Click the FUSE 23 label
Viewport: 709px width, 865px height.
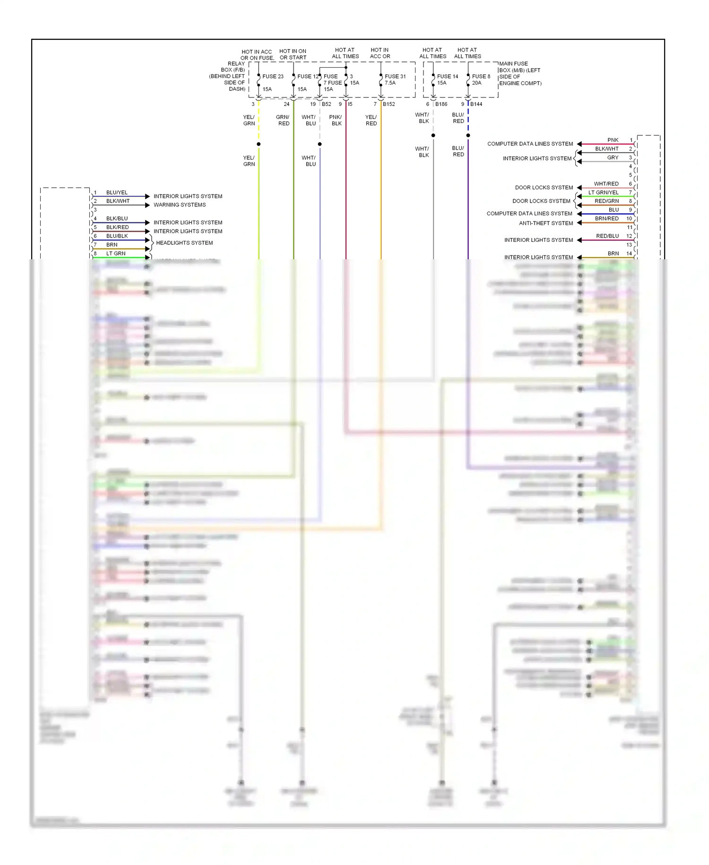click(x=273, y=76)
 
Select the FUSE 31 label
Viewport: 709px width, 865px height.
click(x=395, y=76)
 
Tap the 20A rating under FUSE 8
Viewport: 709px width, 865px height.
click(x=476, y=83)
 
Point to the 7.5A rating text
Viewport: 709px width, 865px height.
click(x=390, y=83)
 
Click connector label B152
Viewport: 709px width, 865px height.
click(x=389, y=104)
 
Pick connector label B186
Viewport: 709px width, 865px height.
click(x=441, y=104)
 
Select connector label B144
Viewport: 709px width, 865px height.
click(x=476, y=104)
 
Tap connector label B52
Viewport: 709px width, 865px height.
click(x=326, y=104)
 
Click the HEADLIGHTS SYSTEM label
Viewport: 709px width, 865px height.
click(x=184, y=243)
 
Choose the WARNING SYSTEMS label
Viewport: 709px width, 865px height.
click(x=180, y=205)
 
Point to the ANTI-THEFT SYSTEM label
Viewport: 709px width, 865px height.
click(x=546, y=223)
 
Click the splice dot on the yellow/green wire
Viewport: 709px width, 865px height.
click(x=259, y=144)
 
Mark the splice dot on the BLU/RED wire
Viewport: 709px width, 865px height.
click(x=468, y=135)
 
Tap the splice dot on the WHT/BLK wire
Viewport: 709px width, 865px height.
click(x=433, y=135)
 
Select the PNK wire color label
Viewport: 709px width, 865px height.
click(x=613, y=140)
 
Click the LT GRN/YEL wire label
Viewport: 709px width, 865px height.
click(x=603, y=193)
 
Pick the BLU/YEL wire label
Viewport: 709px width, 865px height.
click(x=117, y=193)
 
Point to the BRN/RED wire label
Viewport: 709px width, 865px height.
click(x=606, y=219)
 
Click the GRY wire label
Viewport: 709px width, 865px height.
click(x=613, y=158)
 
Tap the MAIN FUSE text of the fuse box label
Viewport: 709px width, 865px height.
click(x=513, y=63)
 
